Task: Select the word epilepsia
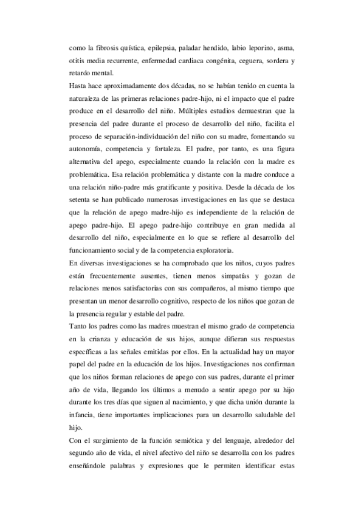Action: (x=154, y=47)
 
